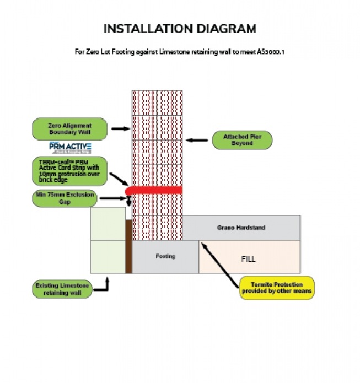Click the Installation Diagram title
[x=180, y=29]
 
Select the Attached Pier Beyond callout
[x=241, y=140]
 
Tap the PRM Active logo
[x=69, y=148]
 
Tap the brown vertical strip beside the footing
[x=129, y=246]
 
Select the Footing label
[x=165, y=256]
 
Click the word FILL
[x=249, y=258]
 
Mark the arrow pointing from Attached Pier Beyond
[x=197, y=140]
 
